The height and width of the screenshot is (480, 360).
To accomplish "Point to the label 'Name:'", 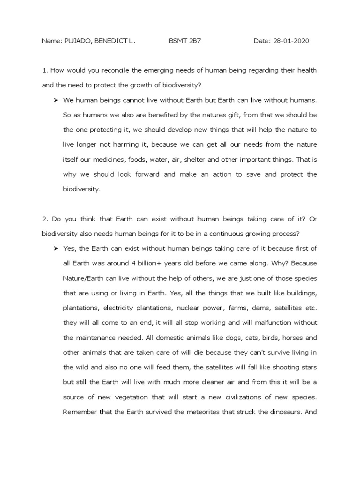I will pos(52,41).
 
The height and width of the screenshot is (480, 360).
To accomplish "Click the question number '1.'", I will pos(45,70).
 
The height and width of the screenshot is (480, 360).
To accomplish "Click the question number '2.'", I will pos(45,219).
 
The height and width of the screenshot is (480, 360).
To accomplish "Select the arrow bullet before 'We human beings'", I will pos(55,100).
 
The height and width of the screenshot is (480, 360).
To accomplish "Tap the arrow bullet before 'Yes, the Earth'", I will pos(55,248).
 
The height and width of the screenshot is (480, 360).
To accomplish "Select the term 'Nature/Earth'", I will pos(83,278).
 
